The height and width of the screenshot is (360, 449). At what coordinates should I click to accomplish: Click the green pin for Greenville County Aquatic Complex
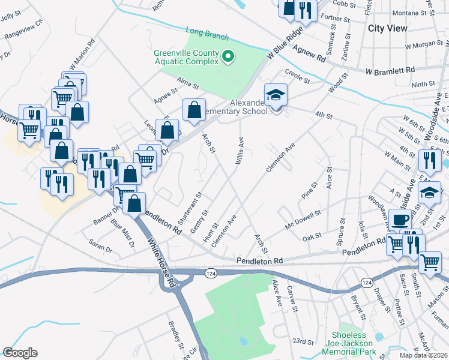(x=228, y=57)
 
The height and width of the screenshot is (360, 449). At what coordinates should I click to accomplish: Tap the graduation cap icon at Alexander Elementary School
(x=276, y=95)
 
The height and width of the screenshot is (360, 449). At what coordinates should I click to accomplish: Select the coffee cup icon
(x=400, y=220)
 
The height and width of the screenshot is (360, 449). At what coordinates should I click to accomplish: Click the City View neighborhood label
(x=387, y=28)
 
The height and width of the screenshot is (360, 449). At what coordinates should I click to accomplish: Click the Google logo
(x=20, y=353)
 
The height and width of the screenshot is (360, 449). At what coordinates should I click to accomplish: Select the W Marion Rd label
(x=83, y=54)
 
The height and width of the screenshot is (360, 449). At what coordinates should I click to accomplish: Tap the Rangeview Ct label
(x=24, y=28)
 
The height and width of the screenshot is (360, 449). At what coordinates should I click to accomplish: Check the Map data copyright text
(x=424, y=355)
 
